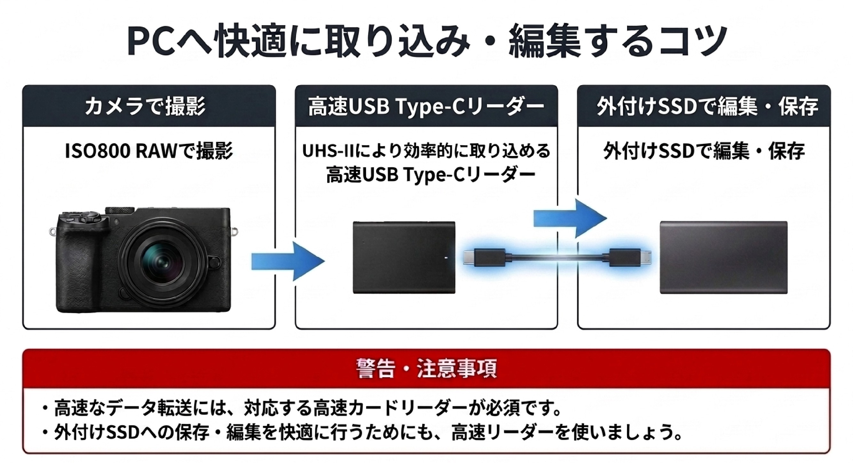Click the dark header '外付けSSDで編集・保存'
click(x=707, y=106)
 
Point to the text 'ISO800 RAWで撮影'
click(x=149, y=151)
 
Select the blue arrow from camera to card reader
click(x=288, y=261)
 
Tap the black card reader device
click(x=404, y=257)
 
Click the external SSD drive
click(x=724, y=257)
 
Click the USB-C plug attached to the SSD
click(x=631, y=257)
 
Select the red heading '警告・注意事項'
click(x=427, y=369)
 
